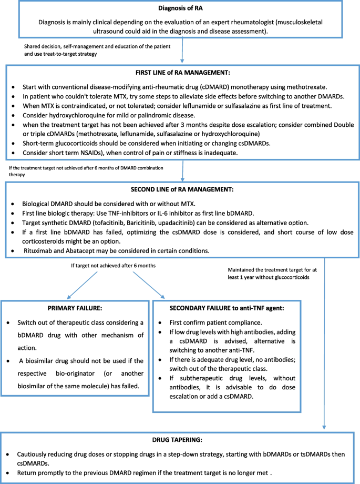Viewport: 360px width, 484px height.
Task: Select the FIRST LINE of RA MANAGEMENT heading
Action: [180, 72]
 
